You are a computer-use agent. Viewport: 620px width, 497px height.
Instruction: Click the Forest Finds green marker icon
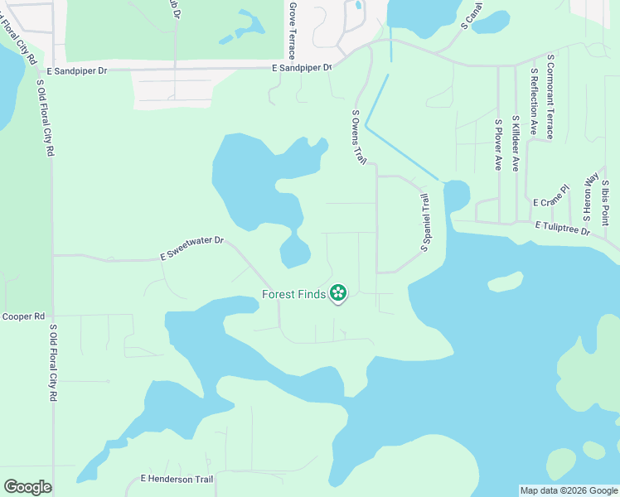(x=338, y=292)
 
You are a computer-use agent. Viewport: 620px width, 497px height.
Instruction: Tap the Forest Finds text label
(x=294, y=294)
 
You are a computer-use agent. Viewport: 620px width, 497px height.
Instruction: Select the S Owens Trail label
(x=359, y=137)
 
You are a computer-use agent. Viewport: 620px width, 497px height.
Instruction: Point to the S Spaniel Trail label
(x=425, y=222)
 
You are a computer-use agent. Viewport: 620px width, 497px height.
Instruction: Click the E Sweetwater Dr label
(x=192, y=248)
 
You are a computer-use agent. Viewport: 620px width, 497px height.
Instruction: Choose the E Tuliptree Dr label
(x=562, y=228)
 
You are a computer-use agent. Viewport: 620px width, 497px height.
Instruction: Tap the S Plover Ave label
(x=498, y=145)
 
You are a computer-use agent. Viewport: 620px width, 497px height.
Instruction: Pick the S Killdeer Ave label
(x=516, y=143)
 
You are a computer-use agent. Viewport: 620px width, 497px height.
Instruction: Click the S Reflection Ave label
(x=534, y=102)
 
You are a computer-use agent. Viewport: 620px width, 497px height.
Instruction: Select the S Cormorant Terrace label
(x=550, y=97)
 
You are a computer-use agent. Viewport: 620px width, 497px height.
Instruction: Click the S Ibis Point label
(x=606, y=202)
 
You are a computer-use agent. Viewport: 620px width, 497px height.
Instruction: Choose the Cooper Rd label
(x=23, y=316)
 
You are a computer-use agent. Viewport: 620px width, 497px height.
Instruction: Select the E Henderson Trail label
(x=177, y=479)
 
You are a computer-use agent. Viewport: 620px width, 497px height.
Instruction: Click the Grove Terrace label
(x=292, y=30)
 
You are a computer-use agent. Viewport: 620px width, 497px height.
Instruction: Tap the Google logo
(x=27, y=486)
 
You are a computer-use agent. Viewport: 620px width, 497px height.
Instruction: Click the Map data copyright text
(x=569, y=490)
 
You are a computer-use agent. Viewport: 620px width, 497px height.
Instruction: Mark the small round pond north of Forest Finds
(x=295, y=251)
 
